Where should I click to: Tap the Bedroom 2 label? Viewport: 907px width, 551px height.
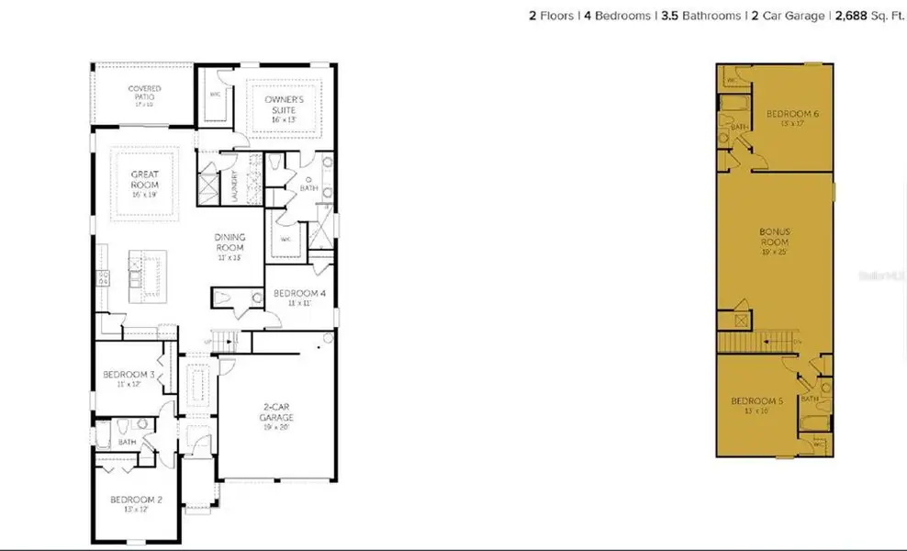tap(129, 500)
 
